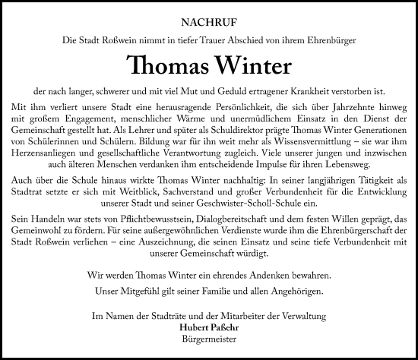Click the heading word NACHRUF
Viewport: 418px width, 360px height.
(209, 22)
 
